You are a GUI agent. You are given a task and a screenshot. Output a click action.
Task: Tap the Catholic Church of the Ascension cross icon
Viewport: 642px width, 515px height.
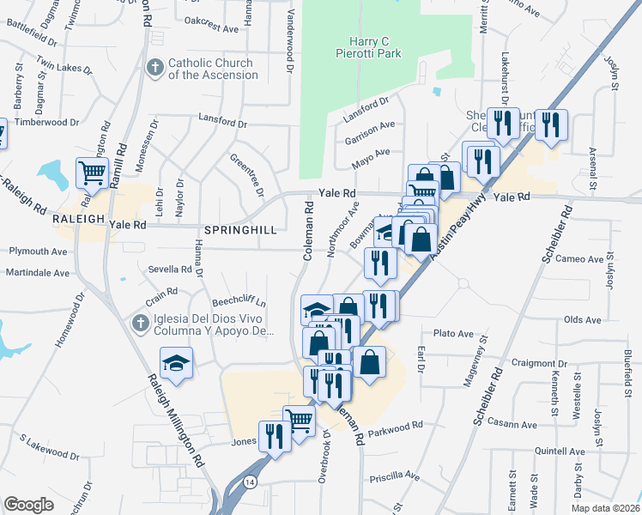pyautogui.click(x=155, y=68)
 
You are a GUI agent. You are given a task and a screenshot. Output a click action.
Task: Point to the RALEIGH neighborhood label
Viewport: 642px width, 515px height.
pyautogui.click(x=79, y=219)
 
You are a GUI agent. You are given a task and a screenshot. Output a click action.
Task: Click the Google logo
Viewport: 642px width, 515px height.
pyautogui.click(x=28, y=505)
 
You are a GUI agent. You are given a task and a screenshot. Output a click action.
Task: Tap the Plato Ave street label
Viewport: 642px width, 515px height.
pyautogui.click(x=453, y=333)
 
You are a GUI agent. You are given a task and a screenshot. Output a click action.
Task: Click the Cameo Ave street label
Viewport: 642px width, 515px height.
pyautogui.click(x=580, y=259)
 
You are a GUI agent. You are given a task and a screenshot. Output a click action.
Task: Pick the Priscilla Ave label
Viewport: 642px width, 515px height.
pyautogui.click(x=394, y=476)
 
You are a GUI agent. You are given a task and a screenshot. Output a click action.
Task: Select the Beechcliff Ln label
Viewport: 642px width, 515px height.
pyautogui.click(x=239, y=303)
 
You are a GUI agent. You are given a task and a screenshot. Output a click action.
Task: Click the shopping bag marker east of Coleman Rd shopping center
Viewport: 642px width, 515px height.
pyautogui.click(x=369, y=361)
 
